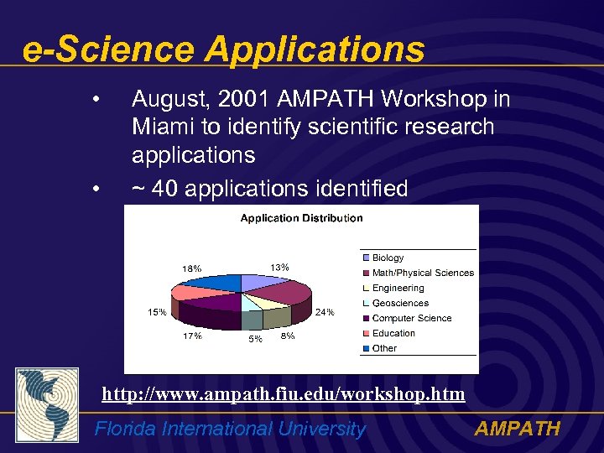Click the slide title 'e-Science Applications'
tap(224, 49)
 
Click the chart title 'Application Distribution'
tap(301, 218)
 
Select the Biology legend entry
tap(388, 258)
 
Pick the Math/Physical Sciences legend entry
tap(423, 273)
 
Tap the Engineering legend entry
tap(398, 288)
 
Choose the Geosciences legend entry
tap(400, 303)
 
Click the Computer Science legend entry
tap(411, 318)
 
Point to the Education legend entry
tap(393, 333)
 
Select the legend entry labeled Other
tap(384, 348)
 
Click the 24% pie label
tap(325, 312)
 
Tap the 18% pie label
tap(192, 268)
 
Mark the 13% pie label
tap(279, 267)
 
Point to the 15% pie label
tap(157, 312)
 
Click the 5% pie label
tap(255, 340)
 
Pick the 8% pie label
tap(288, 336)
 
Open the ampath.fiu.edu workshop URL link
tap(284, 393)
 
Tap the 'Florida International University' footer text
tap(231, 430)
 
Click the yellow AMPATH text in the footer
tap(517, 430)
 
